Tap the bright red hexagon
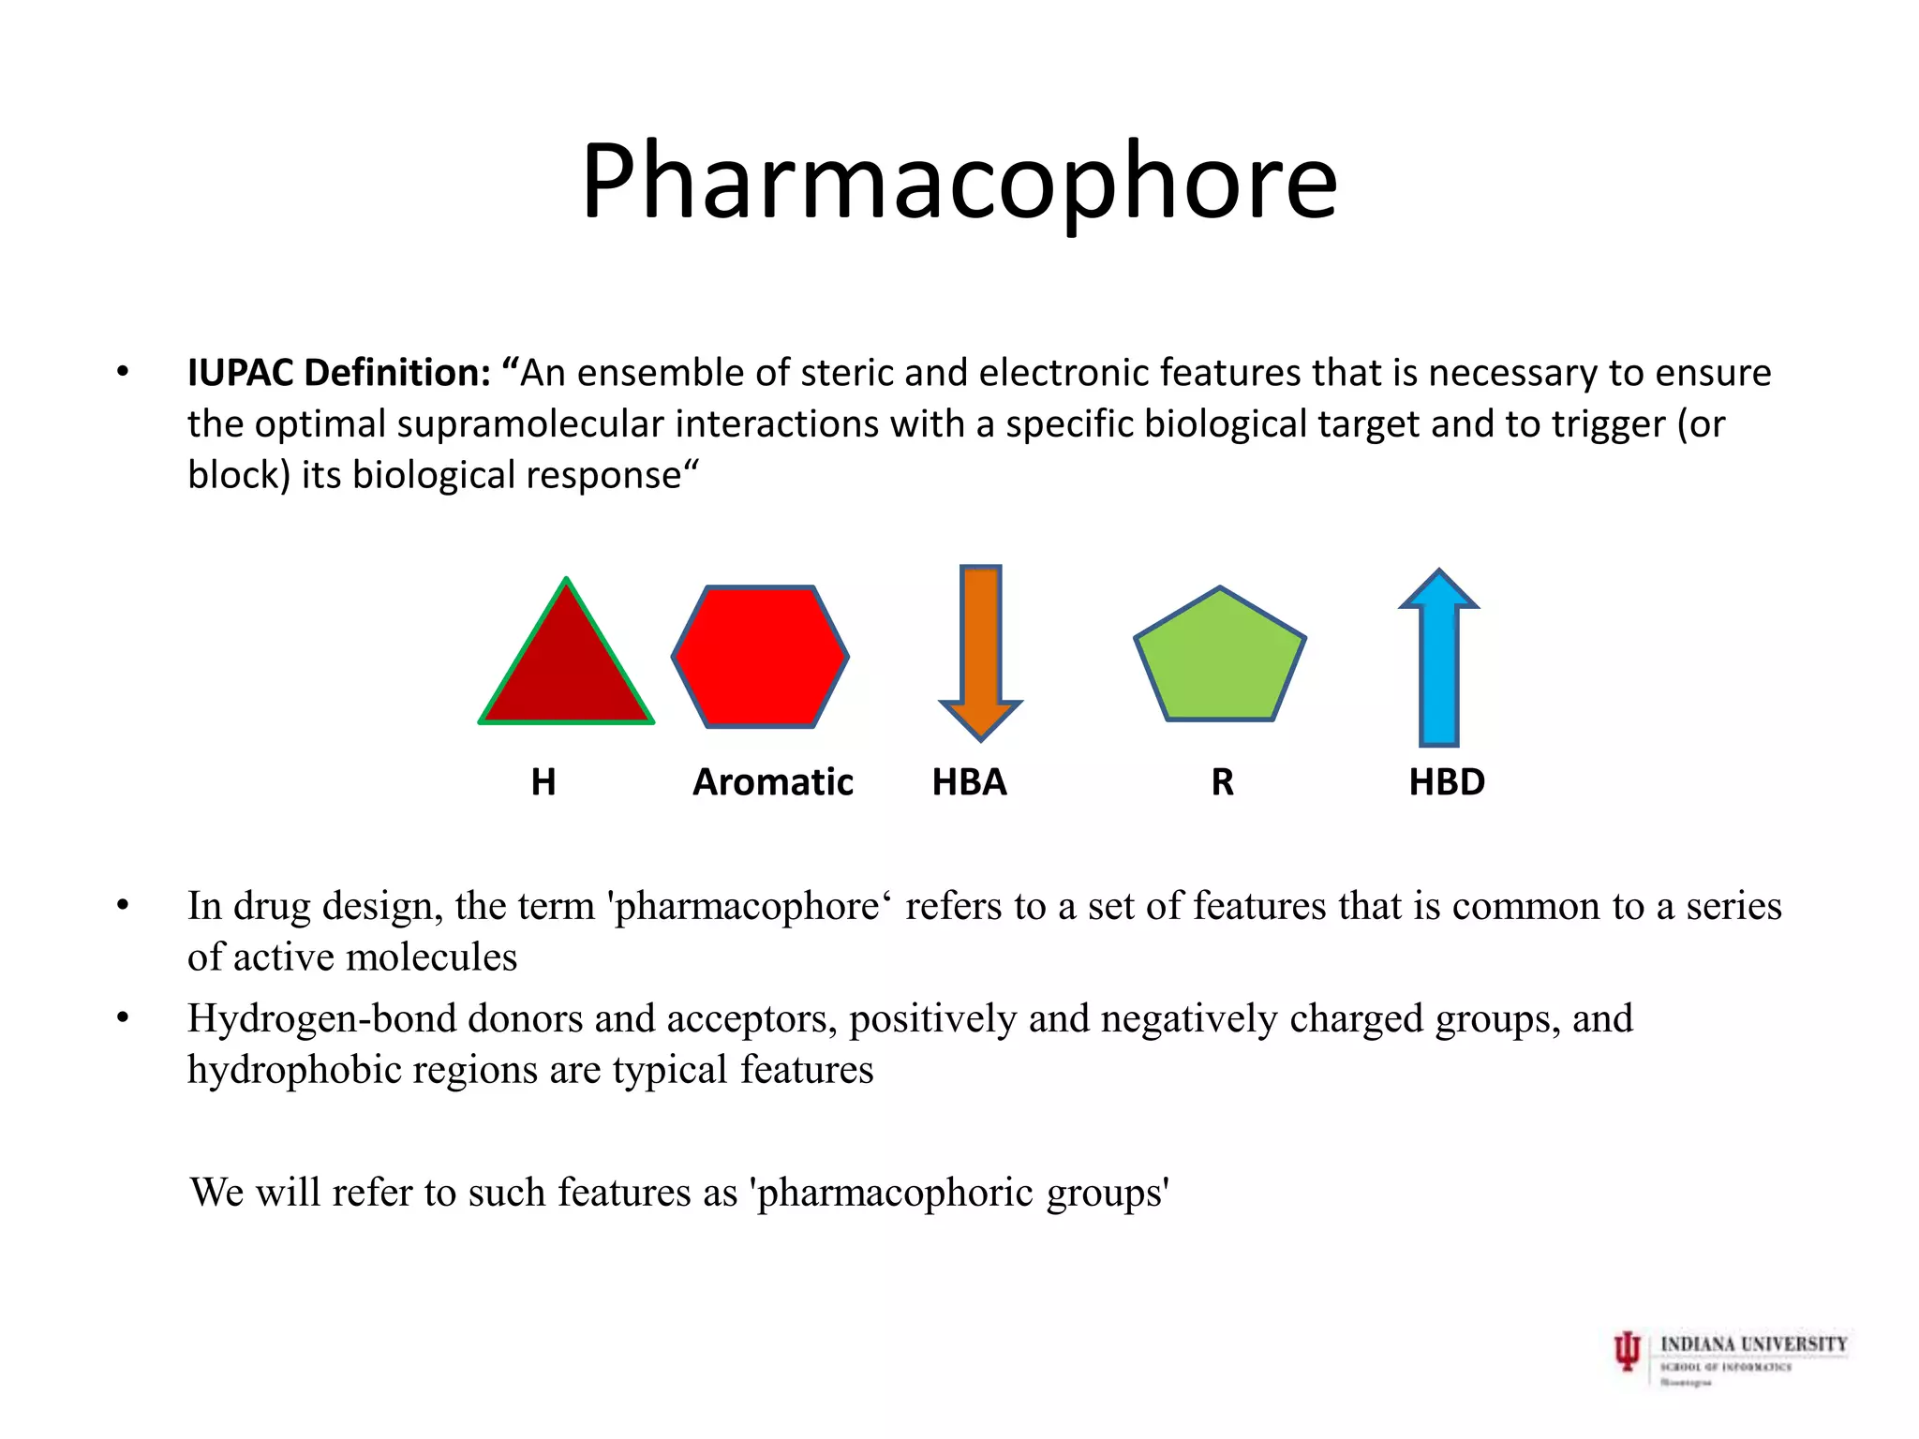coord(760,657)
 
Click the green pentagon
coord(1220,660)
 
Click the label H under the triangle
coord(543,782)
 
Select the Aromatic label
coord(773,782)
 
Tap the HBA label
coord(969,782)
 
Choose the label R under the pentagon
coord(1222,782)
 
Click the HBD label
coord(1447,782)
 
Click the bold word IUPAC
coord(240,373)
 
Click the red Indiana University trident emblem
coord(1628,1352)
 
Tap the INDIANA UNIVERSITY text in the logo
coord(1753,1344)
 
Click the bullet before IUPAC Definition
coord(123,373)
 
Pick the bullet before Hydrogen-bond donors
coord(123,1018)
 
